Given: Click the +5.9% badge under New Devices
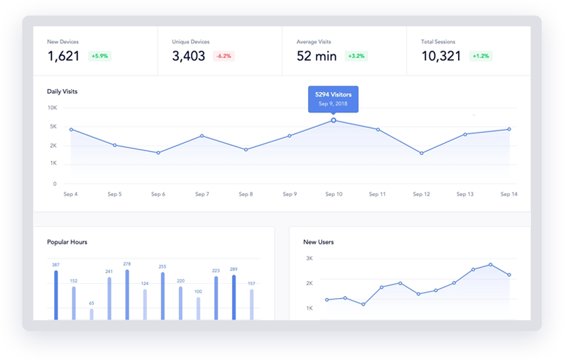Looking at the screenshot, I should pos(100,56).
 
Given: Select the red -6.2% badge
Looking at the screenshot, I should pos(224,56).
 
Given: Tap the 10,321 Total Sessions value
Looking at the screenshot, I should pos(441,56).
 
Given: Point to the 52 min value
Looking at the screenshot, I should pos(316,56).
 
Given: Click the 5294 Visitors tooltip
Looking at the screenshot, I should pos(333,98).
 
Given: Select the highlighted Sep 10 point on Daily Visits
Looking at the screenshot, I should pos(333,120).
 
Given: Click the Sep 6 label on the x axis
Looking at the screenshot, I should pos(158,194).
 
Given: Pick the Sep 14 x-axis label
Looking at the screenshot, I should pos(509,194).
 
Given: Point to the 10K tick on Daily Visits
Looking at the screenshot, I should pos(52,108).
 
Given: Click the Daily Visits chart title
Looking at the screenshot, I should pos(62,91).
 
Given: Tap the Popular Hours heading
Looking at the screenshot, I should pos(67,242).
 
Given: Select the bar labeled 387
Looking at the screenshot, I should pos(56,295).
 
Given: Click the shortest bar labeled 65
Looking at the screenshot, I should pos(91,314).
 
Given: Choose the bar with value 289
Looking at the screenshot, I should pos(233,297).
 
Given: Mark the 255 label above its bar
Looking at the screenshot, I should pos(162,266).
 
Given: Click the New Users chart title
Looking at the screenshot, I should pos(318,242).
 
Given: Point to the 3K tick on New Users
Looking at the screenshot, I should pos(309,258).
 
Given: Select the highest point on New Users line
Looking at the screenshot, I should pos(490,264).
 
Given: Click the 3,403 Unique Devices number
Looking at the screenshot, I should pos(188,56).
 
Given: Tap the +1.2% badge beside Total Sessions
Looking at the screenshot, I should pos(482,56).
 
